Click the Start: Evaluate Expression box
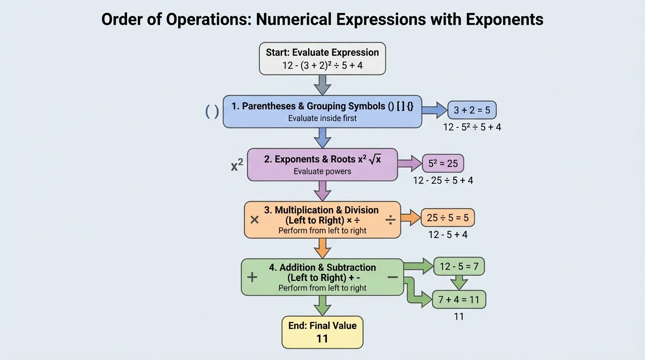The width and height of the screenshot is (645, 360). click(x=322, y=59)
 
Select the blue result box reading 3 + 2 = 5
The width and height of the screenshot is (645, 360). click(x=472, y=110)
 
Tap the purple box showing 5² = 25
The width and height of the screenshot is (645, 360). click(x=443, y=164)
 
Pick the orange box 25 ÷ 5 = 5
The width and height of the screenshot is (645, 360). click(x=448, y=217)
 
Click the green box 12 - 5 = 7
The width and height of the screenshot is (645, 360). click(x=459, y=266)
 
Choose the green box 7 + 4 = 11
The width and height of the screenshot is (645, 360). click(x=459, y=299)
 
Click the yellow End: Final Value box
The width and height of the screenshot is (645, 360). click(x=322, y=332)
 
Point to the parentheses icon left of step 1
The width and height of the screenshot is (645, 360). click(x=212, y=111)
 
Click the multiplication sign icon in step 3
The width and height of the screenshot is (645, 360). click(x=255, y=219)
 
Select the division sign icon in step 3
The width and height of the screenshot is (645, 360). click(x=390, y=219)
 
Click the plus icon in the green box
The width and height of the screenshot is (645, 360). click(x=252, y=277)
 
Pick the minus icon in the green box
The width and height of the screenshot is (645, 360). click(x=393, y=277)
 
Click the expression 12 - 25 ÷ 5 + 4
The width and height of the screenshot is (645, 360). click(x=443, y=180)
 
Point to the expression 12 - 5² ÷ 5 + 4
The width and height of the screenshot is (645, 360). click(x=472, y=127)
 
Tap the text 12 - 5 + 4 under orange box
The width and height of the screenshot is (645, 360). click(x=448, y=234)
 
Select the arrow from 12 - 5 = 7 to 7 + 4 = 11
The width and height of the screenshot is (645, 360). click(x=459, y=282)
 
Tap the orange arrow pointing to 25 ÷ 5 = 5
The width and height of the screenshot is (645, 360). click(x=411, y=217)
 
